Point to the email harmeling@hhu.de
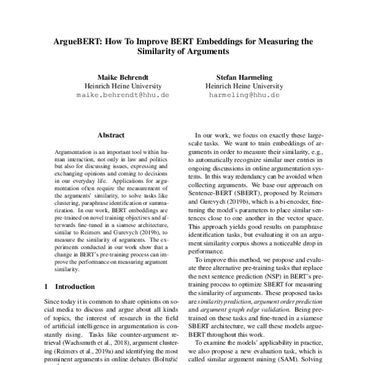pyautogui.click(x=244, y=96)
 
